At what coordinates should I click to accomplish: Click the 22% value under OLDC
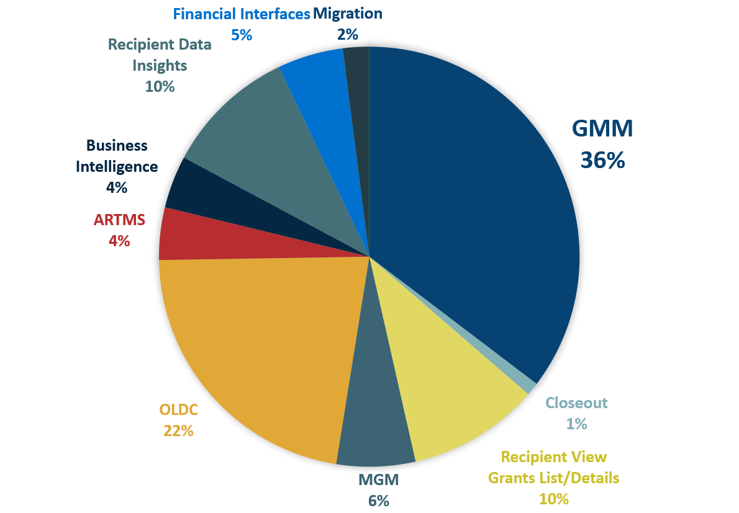pos(178,430)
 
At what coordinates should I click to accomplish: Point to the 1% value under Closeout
pos(576,424)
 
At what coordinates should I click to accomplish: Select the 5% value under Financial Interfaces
pos(242,35)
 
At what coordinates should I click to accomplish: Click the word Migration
pos(348,13)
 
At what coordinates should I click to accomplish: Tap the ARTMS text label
pos(119,220)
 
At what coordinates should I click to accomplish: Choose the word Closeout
pos(576,403)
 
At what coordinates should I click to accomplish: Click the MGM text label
pos(378,480)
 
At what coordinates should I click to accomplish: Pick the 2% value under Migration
pos(348,35)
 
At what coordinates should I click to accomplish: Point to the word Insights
pos(160,65)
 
